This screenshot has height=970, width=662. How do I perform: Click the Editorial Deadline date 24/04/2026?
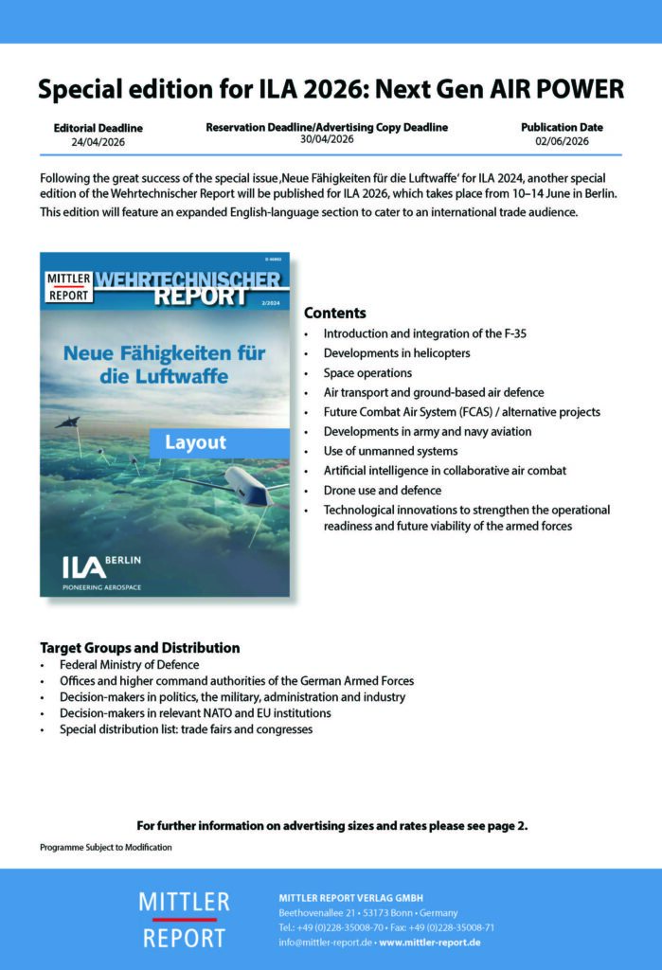click(98, 142)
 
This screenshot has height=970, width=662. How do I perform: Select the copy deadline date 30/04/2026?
click(327, 139)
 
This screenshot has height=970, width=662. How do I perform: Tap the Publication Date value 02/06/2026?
click(562, 141)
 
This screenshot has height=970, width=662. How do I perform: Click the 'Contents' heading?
click(334, 314)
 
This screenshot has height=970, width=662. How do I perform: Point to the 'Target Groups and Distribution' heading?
click(139, 648)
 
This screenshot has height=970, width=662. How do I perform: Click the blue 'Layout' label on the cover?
click(195, 442)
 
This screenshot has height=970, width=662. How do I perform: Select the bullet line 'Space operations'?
click(367, 373)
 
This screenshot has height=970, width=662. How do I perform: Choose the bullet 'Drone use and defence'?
click(382, 490)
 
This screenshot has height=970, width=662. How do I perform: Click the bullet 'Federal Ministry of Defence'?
click(129, 665)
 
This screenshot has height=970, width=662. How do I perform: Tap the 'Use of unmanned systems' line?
click(390, 451)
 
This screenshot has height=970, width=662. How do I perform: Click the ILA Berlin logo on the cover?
click(102, 566)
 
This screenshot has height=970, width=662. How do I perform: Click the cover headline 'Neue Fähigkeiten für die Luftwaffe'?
click(164, 364)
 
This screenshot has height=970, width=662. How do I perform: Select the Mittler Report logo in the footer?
click(184, 919)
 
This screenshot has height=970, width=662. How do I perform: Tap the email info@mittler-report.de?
click(325, 943)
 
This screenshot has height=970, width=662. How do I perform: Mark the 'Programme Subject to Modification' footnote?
click(106, 846)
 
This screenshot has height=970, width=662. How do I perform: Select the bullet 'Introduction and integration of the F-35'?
click(424, 334)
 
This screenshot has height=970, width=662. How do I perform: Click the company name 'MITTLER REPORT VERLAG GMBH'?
click(350, 897)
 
